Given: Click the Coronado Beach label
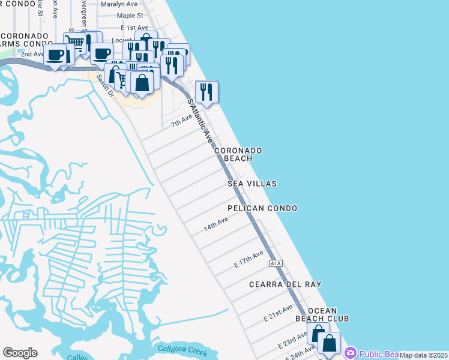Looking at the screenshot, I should (x=238, y=154).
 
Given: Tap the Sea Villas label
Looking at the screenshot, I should (x=252, y=184).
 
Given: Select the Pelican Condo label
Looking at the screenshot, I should (x=262, y=208).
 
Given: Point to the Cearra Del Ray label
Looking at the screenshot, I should (x=285, y=284).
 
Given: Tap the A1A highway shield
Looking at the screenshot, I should (x=276, y=263).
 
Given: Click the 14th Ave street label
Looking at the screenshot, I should (x=215, y=225).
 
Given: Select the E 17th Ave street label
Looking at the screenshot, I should (x=249, y=260).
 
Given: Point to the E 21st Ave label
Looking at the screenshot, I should (x=278, y=312).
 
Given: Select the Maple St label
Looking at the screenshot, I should (x=130, y=16).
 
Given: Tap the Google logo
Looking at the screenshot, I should (x=20, y=353).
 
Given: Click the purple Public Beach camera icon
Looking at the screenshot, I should (x=351, y=353).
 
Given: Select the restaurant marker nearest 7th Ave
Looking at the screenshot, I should (x=206, y=92).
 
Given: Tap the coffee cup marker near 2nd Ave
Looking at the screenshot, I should (x=56, y=55).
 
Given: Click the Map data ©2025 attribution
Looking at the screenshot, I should (x=423, y=355).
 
